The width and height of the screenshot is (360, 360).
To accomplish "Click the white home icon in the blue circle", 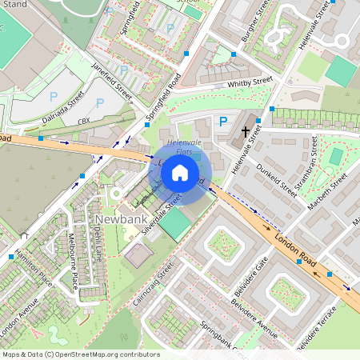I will pos(180,173).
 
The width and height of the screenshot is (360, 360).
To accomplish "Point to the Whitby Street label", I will pos(250,81).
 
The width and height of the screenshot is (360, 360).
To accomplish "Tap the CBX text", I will pos(83,121).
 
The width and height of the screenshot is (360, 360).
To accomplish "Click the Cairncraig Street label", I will pos(153,284).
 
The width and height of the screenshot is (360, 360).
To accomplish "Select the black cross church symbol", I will pos(245,130).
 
